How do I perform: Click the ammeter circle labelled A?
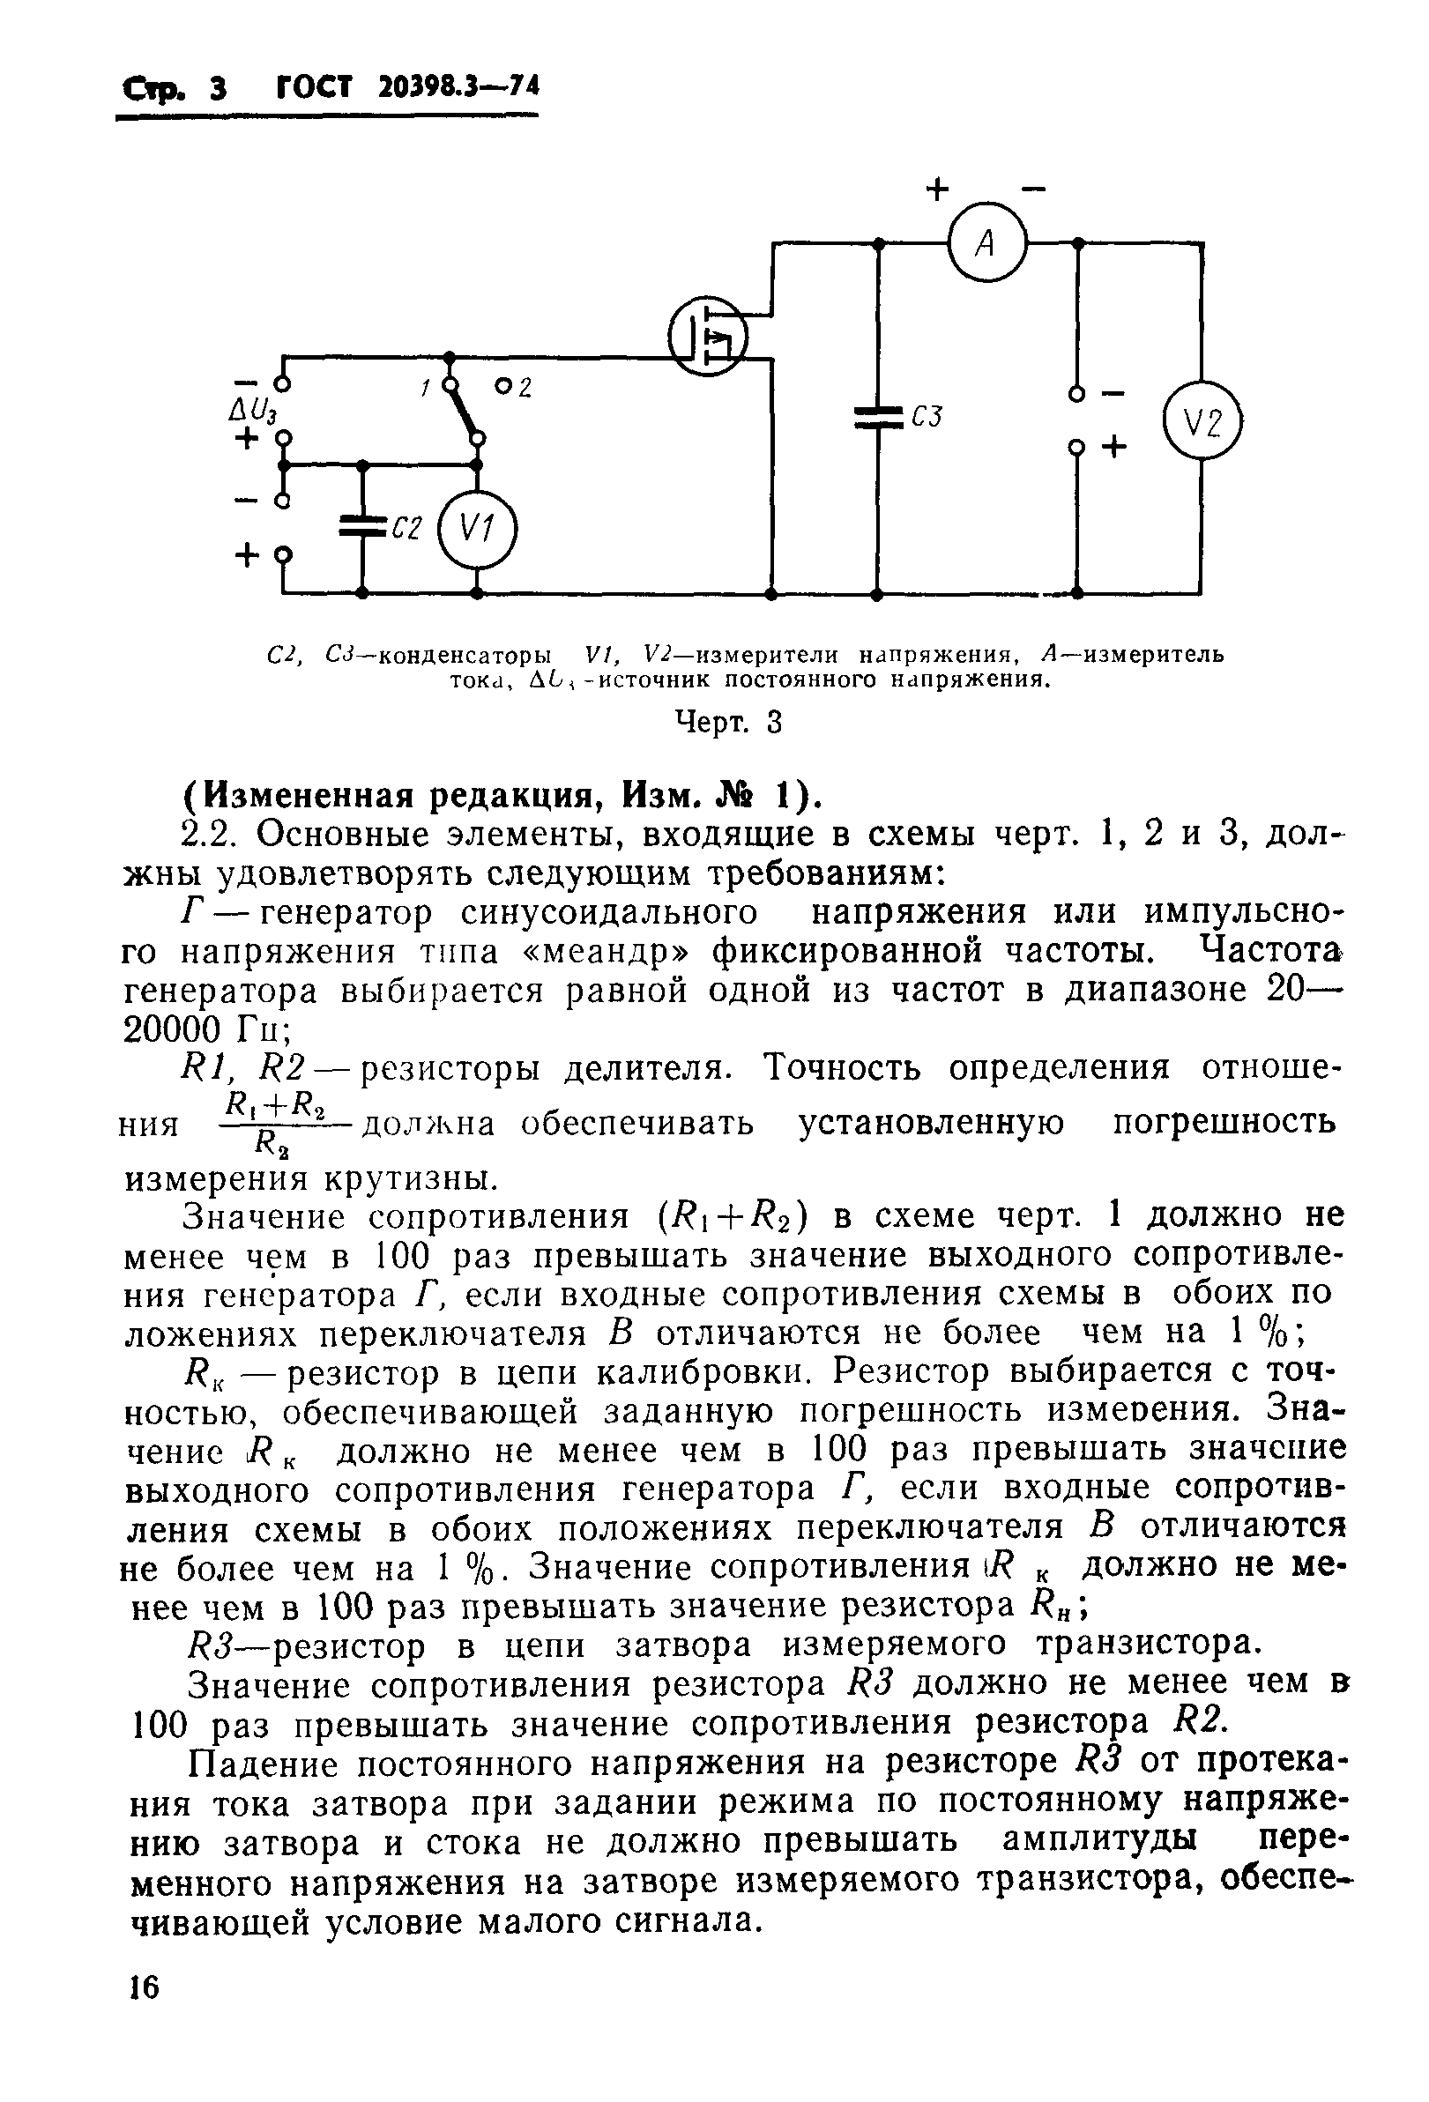point(986,243)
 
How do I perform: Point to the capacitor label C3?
point(927,417)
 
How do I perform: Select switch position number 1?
point(424,387)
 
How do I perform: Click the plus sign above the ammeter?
point(938,190)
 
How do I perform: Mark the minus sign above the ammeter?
point(1032,190)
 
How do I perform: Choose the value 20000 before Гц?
point(172,1029)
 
